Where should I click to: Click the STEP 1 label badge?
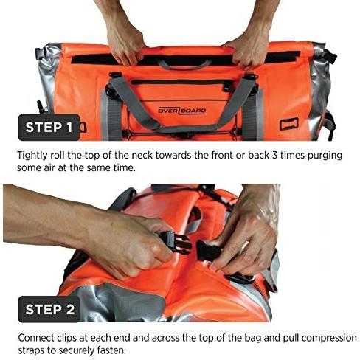coord(49,128)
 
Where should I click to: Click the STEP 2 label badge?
coord(49,309)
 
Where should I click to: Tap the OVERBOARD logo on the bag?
coord(182,111)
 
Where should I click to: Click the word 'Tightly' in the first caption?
coord(32,156)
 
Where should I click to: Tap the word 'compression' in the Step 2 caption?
coord(329,339)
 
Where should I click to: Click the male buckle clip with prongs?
coord(176,242)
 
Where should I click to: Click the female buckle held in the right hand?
coord(206,251)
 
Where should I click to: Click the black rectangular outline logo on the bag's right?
coord(289,124)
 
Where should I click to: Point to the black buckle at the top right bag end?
coord(330,56)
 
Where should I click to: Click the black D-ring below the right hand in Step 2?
coord(240,279)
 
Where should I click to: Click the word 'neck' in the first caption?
coord(142,156)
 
